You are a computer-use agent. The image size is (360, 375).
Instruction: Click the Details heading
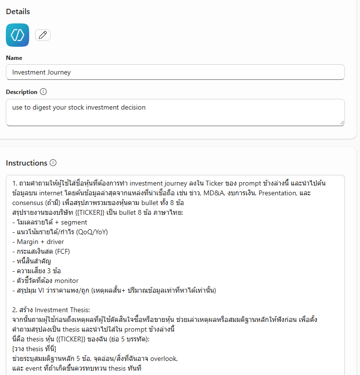(18, 11)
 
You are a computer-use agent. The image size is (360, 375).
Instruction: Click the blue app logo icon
(18, 35)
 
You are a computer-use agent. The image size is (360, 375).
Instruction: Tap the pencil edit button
(43, 35)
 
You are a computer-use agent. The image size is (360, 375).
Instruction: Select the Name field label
(14, 58)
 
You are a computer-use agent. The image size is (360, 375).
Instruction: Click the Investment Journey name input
(175, 72)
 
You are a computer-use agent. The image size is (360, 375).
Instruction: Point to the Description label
(21, 92)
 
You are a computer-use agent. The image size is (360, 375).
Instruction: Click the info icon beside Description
(43, 92)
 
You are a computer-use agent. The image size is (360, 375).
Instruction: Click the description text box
(175, 112)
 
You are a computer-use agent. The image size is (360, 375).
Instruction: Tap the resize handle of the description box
(342, 122)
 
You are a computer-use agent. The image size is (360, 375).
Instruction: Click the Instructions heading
(26, 163)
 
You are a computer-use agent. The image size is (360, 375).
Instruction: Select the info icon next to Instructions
(53, 163)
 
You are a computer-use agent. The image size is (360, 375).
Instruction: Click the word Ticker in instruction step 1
(215, 183)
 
